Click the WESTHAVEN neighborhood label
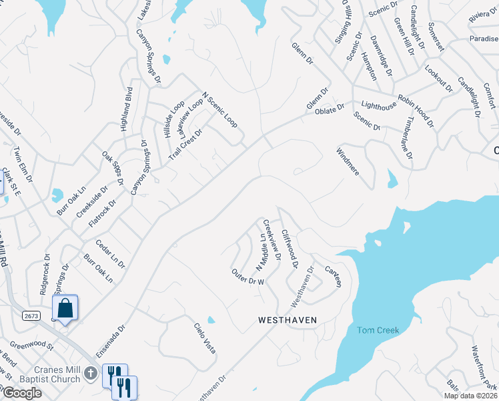coord(287,320)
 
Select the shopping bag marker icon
coord(65,309)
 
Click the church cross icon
coord(93,373)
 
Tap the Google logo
coord(21,393)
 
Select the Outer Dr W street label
coord(248,277)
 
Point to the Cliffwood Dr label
coord(290,248)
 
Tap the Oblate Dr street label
coord(330,107)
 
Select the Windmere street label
coord(348,160)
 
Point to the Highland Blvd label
coord(126,108)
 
